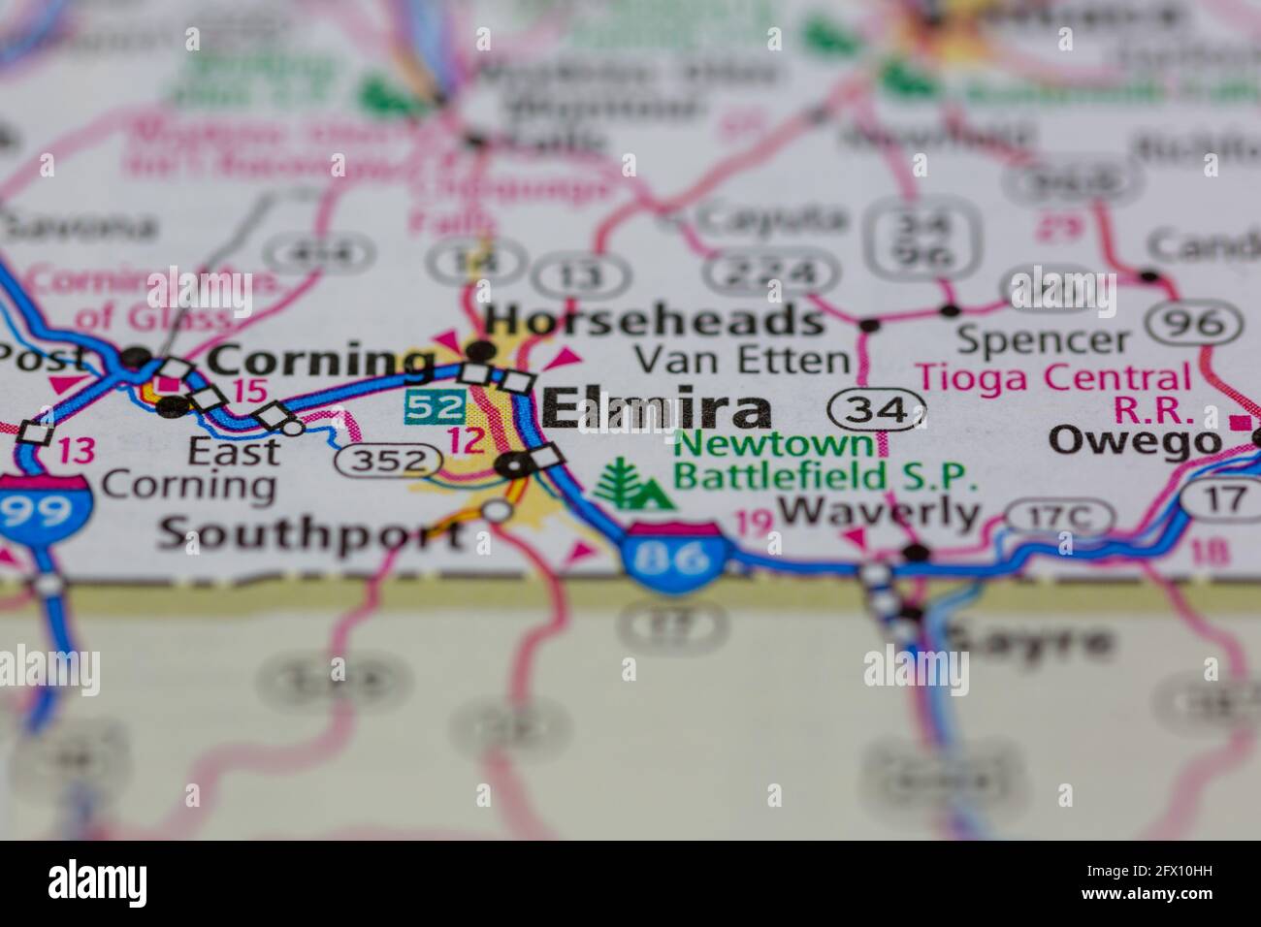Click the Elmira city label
click(657, 411)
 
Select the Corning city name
click(322, 361)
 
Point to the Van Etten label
click(742, 361)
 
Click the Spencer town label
click(1043, 340)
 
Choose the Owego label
click(1135, 442)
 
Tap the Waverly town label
click(879, 512)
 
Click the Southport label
click(310, 533)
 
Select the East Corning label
click(189, 467)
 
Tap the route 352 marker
click(384, 461)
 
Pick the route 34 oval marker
click(875, 410)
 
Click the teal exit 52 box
click(434, 407)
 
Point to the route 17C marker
click(1058, 517)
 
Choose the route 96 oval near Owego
click(1193, 323)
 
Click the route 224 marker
click(772, 274)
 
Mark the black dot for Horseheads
click(482, 351)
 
